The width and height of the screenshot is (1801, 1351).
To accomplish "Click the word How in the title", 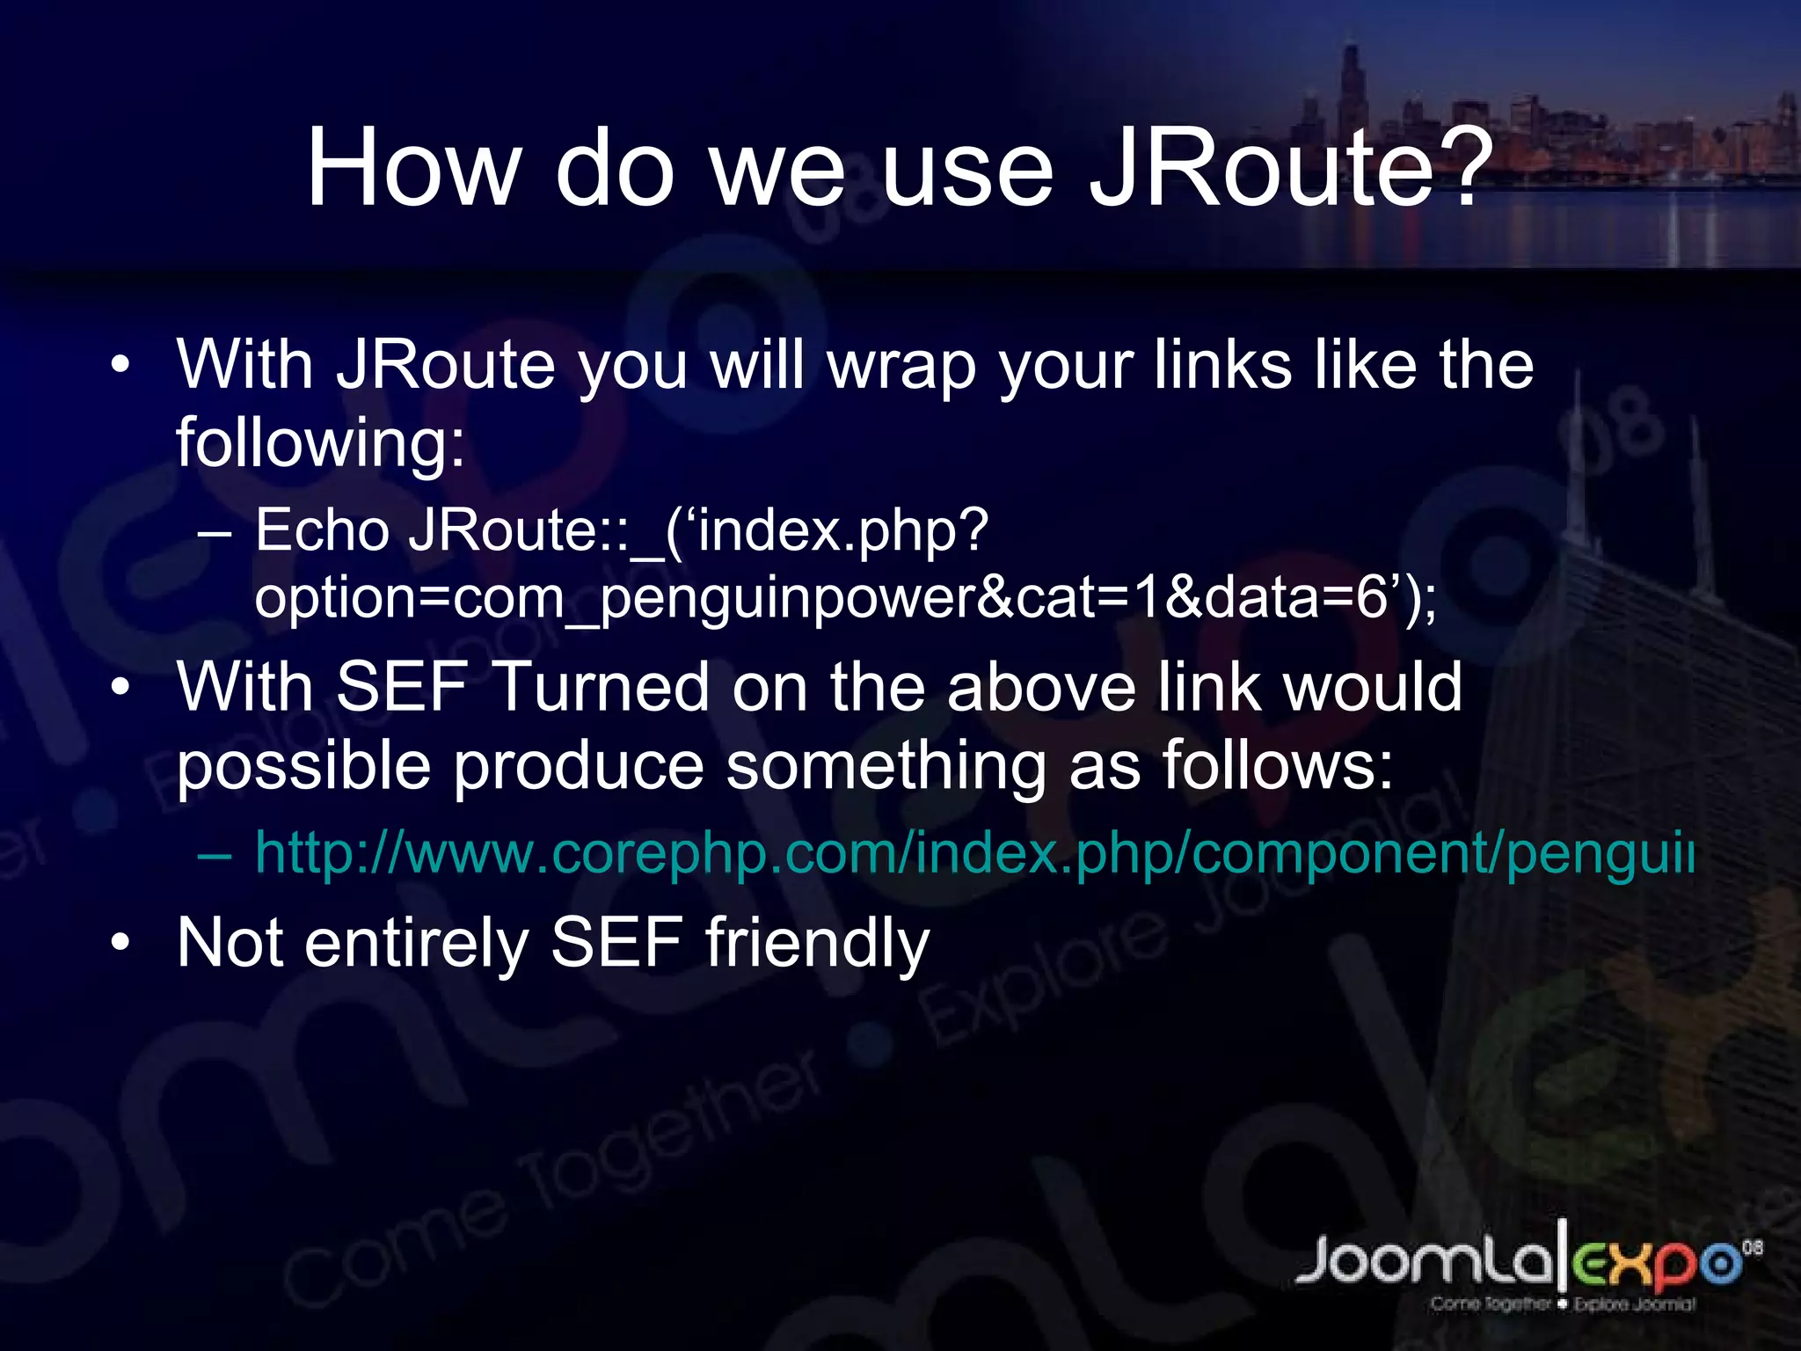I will (413, 167).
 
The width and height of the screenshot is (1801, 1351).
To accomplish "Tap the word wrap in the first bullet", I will (902, 365).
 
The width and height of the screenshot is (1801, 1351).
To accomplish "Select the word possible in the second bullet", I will (303, 766).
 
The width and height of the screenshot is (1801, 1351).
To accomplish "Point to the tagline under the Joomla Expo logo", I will (1562, 1304).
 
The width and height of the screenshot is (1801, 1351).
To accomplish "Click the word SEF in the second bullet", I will (400, 687).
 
